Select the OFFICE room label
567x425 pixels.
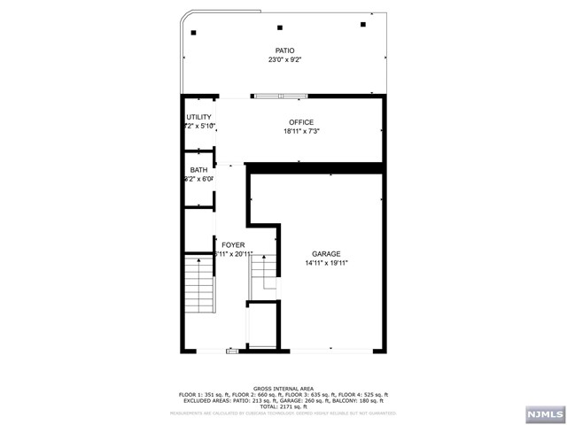click(300, 122)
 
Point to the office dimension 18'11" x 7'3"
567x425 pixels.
click(300, 132)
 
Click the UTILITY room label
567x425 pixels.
click(198, 117)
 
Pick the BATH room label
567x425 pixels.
click(198, 169)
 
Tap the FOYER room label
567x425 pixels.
click(233, 244)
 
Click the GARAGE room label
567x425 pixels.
click(325, 253)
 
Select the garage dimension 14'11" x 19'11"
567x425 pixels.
click(325, 263)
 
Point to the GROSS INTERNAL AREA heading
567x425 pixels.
click(283, 388)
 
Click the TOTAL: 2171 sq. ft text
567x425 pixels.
click(283, 405)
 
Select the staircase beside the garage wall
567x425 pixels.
click(263, 276)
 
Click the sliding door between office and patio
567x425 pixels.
click(282, 96)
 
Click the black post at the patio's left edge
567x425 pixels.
click(194, 33)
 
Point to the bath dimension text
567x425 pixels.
click(199, 179)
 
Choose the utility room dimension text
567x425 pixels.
click(198, 127)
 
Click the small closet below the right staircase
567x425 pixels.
click(261, 327)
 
